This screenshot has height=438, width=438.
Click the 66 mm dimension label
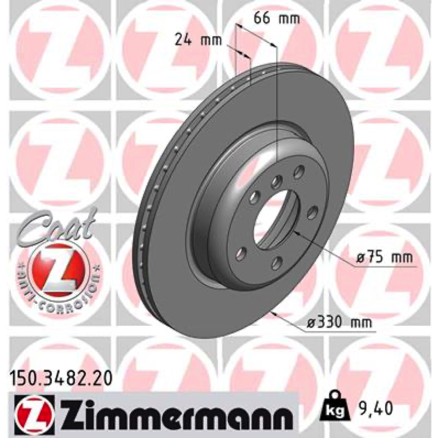(x=276, y=19)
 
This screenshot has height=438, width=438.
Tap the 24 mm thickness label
(x=198, y=41)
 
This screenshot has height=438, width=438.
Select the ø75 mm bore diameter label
(x=384, y=257)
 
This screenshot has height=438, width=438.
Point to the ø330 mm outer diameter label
(x=339, y=322)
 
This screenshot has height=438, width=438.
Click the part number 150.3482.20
(x=61, y=379)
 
